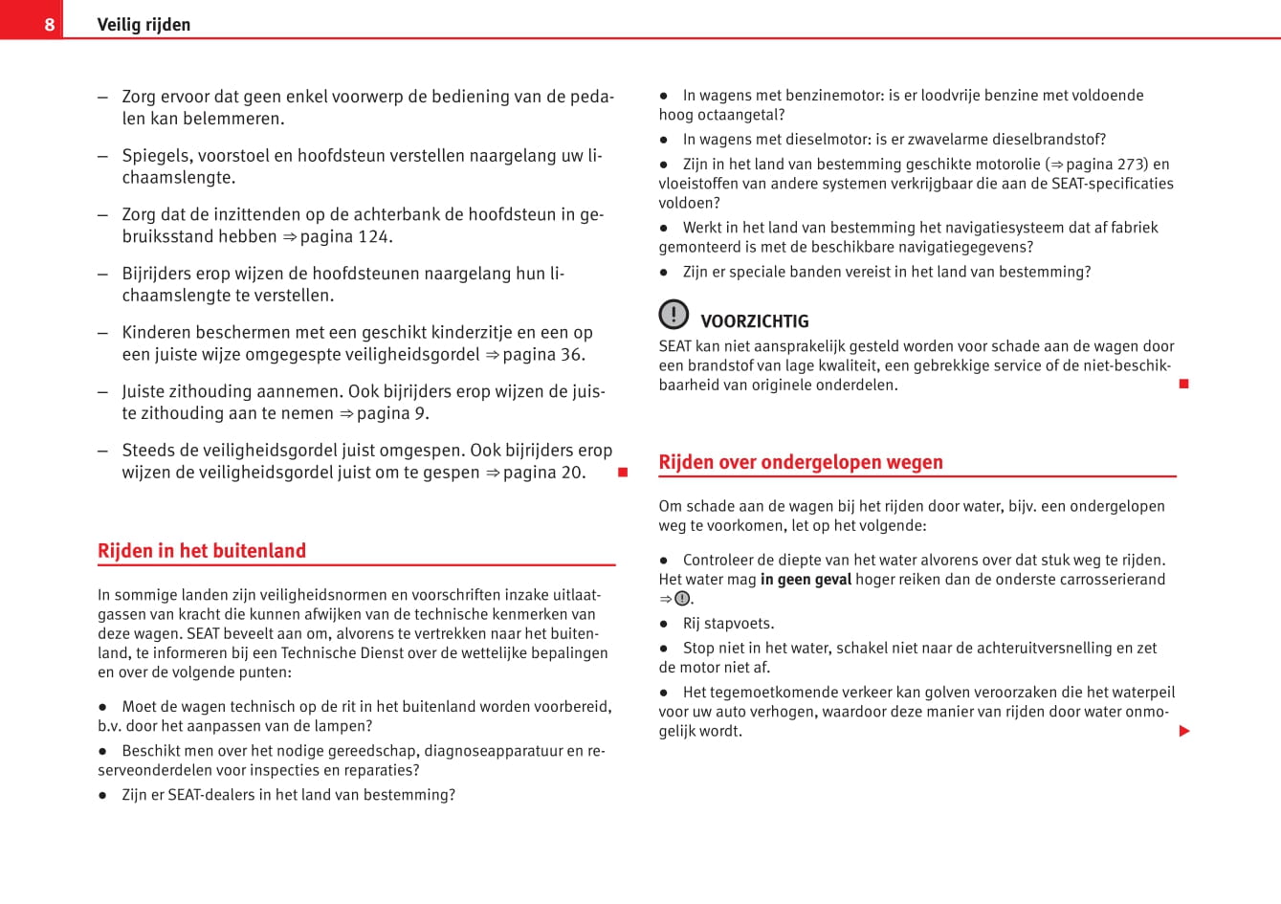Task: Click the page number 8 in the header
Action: (x=50, y=25)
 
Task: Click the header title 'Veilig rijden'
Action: (x=144, y=25)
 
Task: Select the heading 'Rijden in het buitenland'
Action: (x=202, y=551)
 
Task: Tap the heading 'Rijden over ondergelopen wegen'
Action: (x=801, y=462)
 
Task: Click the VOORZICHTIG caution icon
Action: (x=674, y=314)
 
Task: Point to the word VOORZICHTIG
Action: (x=755, y=321)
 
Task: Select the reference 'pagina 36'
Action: (x=542, y=354)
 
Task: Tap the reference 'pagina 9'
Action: (x=391, y=413)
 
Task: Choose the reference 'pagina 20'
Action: (x=542, y=472)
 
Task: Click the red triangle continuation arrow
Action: (x=1184, y=731)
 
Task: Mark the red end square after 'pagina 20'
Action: (x=623, y=473)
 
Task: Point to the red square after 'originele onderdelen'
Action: (x=1183, y=384)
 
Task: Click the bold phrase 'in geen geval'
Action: (x=806, y=579)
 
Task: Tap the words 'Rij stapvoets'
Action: (x=728, y=623)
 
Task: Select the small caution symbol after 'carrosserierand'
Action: (x=681, y=599)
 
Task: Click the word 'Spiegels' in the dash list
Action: (x=156, y=156)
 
